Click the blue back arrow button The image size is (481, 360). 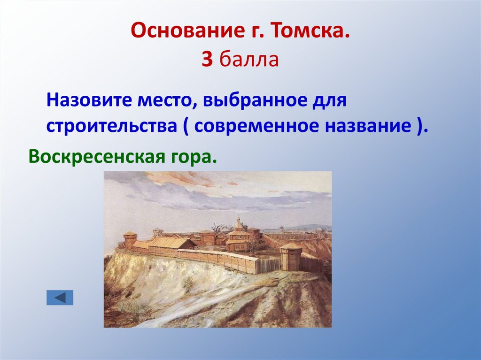click(60, 298)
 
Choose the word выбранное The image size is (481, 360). click(256, 100)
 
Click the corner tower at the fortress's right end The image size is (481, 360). click(291, 257)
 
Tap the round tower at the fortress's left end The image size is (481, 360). click(130, 239)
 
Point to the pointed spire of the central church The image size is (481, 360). click(239, 221)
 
